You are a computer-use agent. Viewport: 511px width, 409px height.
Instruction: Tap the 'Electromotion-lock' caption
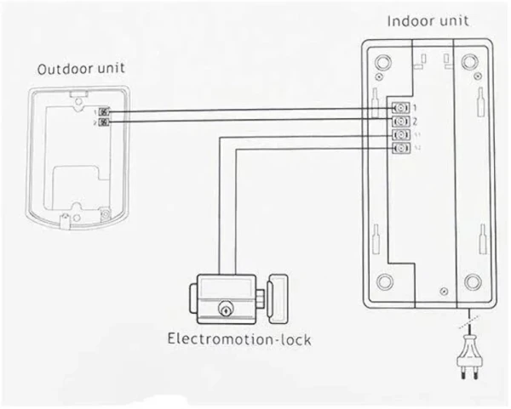tap(238, 341)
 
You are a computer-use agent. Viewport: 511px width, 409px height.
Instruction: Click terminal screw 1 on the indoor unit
tap(399, 108)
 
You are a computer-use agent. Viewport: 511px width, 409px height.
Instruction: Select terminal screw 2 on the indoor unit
tap(399, 122)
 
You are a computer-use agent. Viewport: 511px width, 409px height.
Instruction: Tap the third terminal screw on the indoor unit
tap(399, 135)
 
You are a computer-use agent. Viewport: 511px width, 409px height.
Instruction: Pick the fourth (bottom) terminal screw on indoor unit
tap(399, 149)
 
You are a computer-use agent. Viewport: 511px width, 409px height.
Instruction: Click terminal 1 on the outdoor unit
tap(106, 111)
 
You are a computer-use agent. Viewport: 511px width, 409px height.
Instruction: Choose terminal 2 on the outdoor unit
tap(106, 122)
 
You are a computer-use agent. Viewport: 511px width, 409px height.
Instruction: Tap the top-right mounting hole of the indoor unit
tap(469, 62)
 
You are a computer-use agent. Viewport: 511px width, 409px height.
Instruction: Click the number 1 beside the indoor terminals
tap(415, 108)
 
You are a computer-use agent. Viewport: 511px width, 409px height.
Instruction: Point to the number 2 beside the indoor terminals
tap(415, 122)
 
